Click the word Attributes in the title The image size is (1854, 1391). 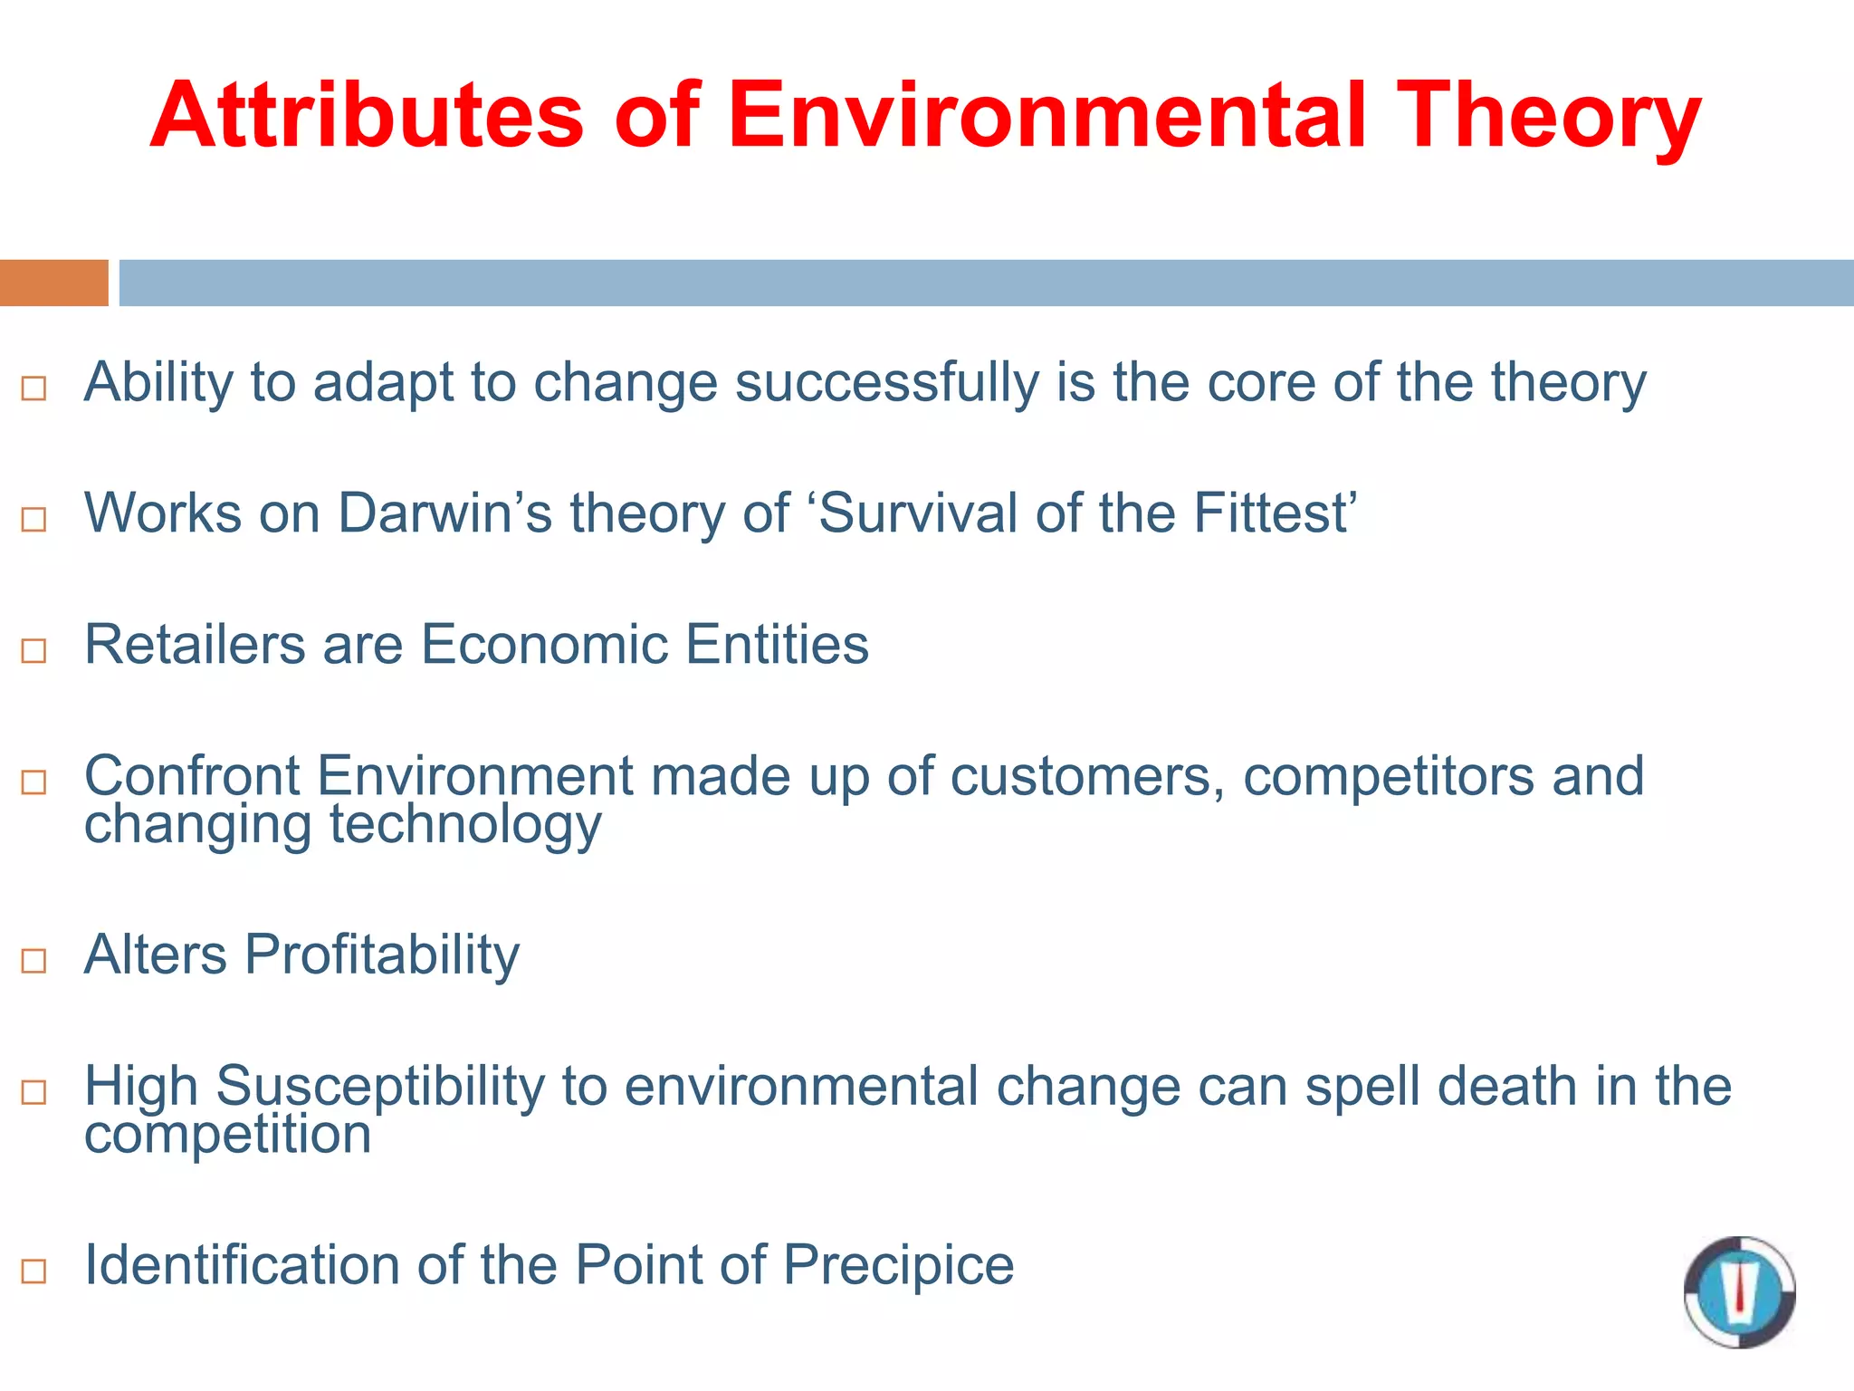click(367, 116)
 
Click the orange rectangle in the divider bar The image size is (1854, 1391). click(53, 283)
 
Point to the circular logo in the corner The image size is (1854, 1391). click(1739, 1291)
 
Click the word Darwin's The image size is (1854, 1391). click(444, 513)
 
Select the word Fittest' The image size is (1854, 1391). click(1276, 513)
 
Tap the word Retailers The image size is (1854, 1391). click(195, 645)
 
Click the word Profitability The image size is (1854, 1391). click(382, 955)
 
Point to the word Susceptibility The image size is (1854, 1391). click(380, 1087)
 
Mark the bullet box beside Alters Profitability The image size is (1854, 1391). click(33, 960)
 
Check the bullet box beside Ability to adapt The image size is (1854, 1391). click(33, 389)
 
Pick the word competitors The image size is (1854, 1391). click(1389, 776)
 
